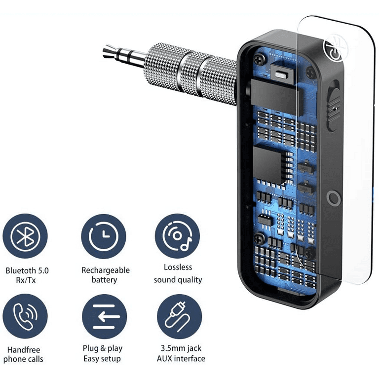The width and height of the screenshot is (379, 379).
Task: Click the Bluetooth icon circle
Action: [25, 236]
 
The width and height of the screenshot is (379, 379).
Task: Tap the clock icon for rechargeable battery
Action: [104, 236]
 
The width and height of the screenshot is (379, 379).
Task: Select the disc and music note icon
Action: [178, 236]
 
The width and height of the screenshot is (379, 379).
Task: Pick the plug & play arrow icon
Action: [104, 316]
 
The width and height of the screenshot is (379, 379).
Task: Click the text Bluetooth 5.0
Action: [27, 270]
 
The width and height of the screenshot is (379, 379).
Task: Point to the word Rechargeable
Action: [106, 270]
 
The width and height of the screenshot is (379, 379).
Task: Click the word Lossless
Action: [178, 267]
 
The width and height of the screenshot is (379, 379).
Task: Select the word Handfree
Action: [24, 350]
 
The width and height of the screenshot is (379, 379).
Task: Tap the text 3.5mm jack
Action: [181, 348]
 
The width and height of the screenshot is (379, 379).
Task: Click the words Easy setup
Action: [102, 359]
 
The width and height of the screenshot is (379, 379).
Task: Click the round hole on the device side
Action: [334, 198]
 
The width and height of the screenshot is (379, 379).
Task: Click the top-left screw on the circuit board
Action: [260, 59]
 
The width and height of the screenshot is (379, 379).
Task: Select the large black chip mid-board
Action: [268, 165]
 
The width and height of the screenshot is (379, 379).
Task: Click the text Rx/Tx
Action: [26, 280]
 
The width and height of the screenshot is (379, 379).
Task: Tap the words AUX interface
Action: [181, 358]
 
